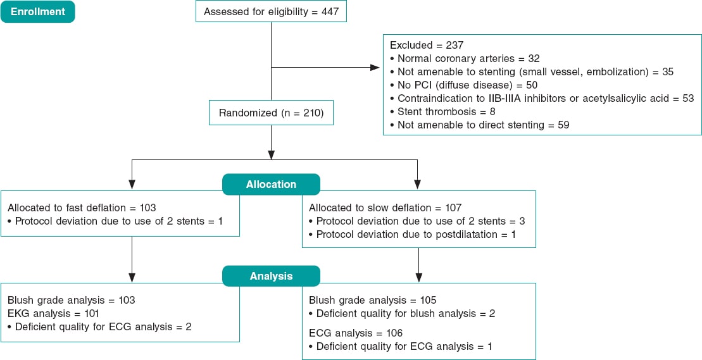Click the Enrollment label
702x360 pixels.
tap(37, 11)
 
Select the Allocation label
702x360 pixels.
tap(271, 184)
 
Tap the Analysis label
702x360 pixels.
tap(271, 276)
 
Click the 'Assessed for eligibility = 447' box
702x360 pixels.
tap(272, 11)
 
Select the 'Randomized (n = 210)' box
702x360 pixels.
tap(271, 113)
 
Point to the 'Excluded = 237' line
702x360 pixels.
tap(427, 45)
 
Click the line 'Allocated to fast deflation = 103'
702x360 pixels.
tap(82, 208)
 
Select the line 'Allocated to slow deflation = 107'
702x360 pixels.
tap(385, 208)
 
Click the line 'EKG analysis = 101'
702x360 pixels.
tap(53, 313)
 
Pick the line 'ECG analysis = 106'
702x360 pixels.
tap(355, 333)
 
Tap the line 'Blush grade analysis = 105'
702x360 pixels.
tap(373, 300)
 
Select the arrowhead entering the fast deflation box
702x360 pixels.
tap(132, 185)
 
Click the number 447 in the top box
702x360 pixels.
tap(330, 11)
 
